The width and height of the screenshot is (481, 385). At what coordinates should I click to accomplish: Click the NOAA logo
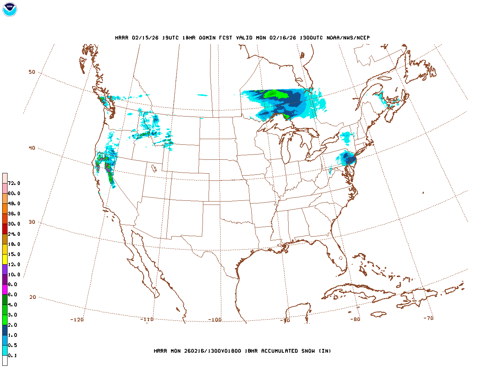(9, 9)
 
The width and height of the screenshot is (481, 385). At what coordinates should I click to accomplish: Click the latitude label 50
(32, 72)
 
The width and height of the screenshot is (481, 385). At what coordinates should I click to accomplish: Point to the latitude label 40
(32, 148)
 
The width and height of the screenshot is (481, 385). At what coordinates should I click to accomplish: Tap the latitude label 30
(32, 222)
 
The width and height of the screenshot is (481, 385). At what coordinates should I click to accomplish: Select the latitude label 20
(33, 297)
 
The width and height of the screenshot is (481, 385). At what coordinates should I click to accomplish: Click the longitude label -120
(77, 320)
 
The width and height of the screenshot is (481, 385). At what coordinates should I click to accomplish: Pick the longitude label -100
(215, 320)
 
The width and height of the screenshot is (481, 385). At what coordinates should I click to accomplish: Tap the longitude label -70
(428, 318)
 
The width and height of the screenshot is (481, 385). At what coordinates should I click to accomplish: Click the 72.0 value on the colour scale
(14, 183)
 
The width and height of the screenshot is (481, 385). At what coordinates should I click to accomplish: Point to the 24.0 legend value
(14, 234)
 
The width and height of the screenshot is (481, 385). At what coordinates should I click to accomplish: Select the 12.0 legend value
(14, 264)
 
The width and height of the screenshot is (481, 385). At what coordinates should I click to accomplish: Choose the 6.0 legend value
(12, 295)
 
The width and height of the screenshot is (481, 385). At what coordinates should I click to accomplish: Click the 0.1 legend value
(12, 355)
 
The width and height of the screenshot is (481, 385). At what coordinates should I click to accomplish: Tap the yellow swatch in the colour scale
(5, 259)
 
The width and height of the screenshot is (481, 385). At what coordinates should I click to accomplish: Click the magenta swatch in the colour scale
(5, 290)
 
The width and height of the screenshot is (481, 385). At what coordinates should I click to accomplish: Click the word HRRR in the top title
(122, 38)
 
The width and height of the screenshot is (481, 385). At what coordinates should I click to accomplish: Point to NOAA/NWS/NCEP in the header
(348, 38)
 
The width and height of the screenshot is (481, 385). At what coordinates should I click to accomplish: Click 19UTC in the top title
(170, 38)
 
